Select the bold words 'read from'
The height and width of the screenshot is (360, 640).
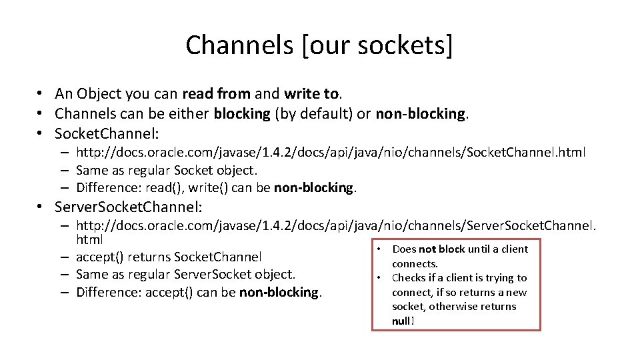pos(216,94)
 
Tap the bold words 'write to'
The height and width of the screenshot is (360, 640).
pos(311,94)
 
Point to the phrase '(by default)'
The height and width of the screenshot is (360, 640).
pos(314,113)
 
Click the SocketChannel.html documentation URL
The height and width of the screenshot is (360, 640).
pos(331,153)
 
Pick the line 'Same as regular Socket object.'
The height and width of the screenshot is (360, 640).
pos(167,170)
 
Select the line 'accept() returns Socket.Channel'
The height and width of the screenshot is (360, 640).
pos(169,257)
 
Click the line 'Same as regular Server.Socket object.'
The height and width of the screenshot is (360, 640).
pos(185,274)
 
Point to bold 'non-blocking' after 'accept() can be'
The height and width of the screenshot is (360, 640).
pos(280,292)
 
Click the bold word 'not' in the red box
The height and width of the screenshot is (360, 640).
pos(427,249)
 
